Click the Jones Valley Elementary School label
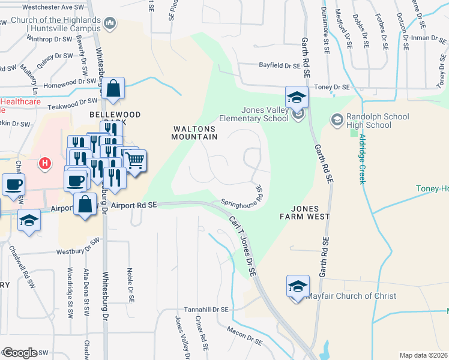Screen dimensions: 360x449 coord(265,114)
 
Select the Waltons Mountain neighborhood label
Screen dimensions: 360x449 coord(195,133)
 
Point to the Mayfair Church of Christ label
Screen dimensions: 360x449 coord(351,296)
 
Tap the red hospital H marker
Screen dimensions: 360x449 coord(44,163)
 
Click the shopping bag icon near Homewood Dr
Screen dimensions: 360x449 coord(112,89)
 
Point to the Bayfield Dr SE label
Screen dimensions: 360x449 coord(279,65)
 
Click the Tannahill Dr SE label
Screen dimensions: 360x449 coord(206,310)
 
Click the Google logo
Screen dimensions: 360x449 coord(19,352)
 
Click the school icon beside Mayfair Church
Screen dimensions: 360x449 coord(298,287)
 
